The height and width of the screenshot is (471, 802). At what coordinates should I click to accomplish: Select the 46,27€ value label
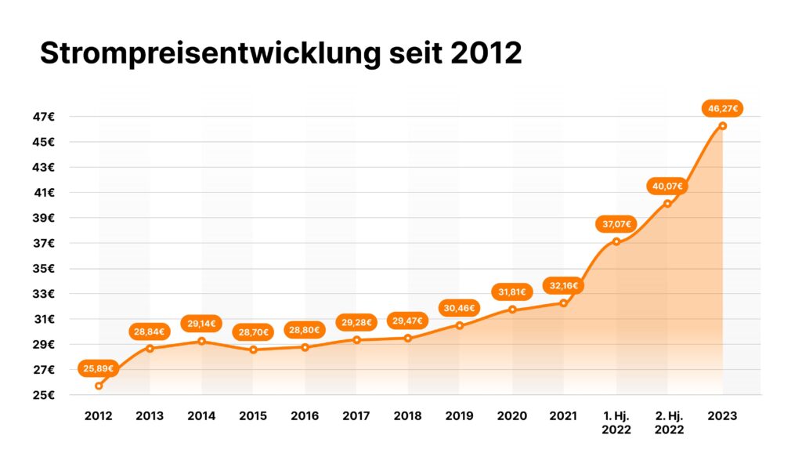723,109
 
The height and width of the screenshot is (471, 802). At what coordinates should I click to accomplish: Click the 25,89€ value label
99,368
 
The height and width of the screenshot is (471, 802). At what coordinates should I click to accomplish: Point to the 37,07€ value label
616,224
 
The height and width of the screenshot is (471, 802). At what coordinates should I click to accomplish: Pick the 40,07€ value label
667,187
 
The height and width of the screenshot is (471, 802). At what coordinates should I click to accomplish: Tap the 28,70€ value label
253,332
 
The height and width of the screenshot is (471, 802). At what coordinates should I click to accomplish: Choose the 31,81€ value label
512,292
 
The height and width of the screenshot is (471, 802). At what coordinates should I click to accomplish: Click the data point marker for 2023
723,125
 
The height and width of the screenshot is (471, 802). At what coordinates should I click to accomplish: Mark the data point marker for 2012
99,386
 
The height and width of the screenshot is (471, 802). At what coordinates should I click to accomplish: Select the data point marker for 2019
460,325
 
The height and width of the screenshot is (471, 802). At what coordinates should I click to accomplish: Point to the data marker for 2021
564,303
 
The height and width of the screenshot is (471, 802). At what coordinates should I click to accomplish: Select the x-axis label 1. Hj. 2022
616,422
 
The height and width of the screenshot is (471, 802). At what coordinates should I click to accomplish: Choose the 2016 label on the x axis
305,416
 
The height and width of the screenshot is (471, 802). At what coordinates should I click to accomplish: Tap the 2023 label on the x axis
722,416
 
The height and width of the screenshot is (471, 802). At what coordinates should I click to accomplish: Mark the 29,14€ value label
201,323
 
